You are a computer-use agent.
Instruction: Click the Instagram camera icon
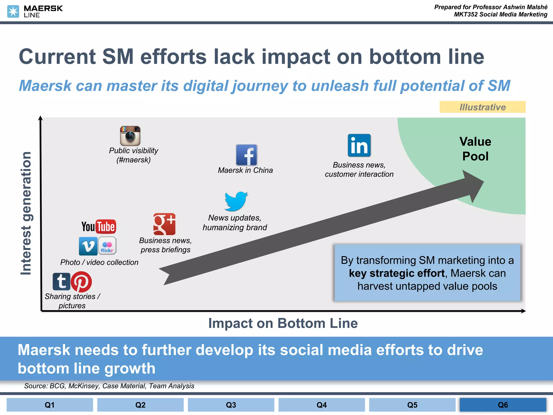tap(130, 136)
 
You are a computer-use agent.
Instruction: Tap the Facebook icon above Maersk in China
tap(247, 155)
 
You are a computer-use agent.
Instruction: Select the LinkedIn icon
tap(359, 145)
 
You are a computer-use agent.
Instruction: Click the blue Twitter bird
tap(236, 201)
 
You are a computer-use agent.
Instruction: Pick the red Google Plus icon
tap(164, 224)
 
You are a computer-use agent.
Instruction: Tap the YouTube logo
tap(99, 226)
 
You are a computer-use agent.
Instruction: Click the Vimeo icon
tap(88, 246)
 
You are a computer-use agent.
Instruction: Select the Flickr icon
tap(107, 246)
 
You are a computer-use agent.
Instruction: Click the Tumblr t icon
tap(61, 282)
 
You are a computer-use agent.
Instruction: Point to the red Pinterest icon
tap(81, 282)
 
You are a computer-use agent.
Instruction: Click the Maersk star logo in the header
tap(13, 11)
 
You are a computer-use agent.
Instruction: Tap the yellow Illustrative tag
tap(482, 107)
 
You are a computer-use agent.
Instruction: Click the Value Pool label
tap(475, 149)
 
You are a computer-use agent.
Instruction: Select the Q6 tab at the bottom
tap(503, 405)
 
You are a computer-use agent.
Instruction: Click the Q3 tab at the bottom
tap(231, 405)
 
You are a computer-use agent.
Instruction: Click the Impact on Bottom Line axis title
tap(283, 323)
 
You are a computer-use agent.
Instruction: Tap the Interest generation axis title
tap(26, 213)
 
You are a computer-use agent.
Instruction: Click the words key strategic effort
tap(397, 273)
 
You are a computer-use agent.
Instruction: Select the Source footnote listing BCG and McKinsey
tap(109, 386)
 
